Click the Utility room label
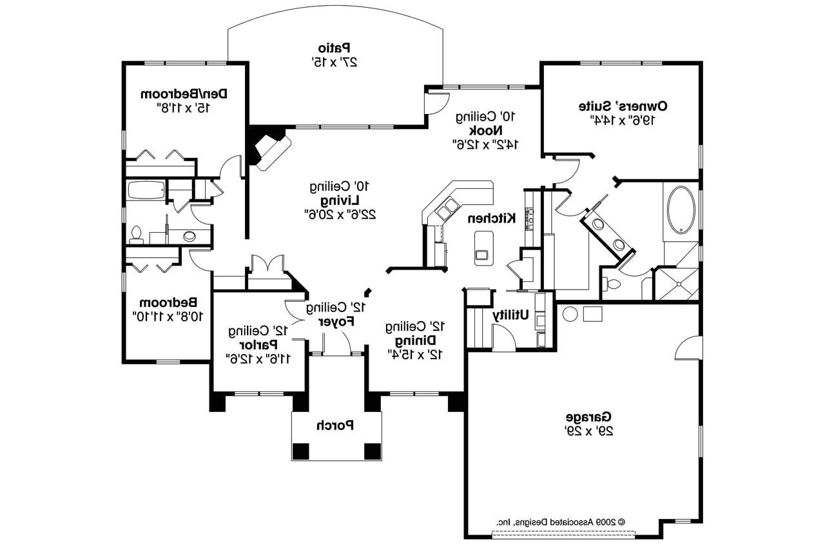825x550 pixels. [x=511, y=315]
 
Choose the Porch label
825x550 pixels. [x=335, y=425]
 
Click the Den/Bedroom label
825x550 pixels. [x=184, y=94]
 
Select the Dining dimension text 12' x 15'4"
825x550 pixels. [x=416, y=353]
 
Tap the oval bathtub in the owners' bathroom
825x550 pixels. [x=681, y=210]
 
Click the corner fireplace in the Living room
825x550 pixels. [x=269, y=150]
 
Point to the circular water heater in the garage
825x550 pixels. [x=570, y=315]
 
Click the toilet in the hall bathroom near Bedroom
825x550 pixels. [x=136, y=235]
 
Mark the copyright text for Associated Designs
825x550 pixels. [x=560, y=521]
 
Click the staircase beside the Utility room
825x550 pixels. [x=478, y=328]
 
